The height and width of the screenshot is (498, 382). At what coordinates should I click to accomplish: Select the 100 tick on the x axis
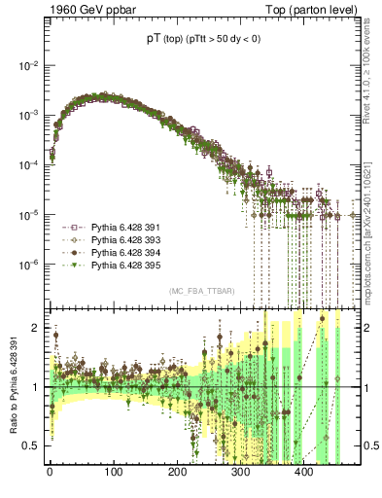114,472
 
